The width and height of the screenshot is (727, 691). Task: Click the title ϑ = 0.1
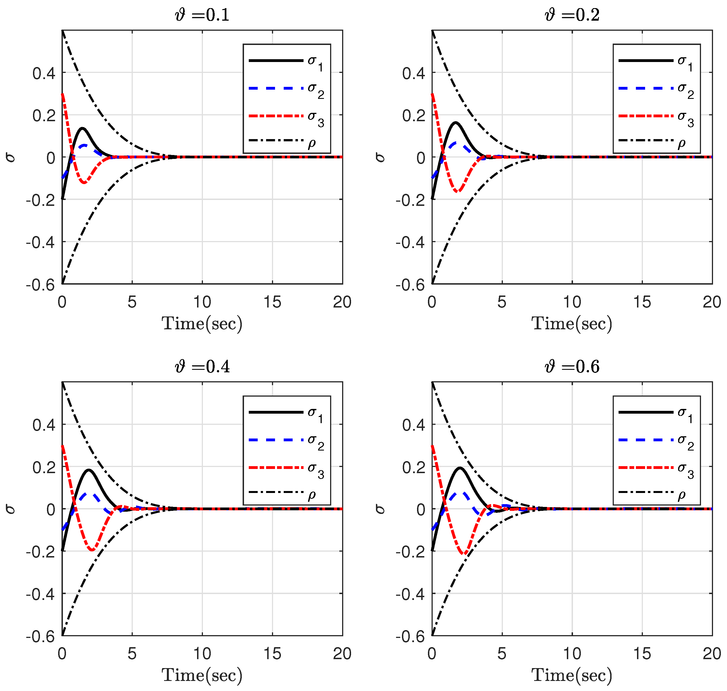pyautogui.click(x=202, y=15)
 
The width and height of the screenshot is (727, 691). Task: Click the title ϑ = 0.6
pyautogui.click(x=572, y=367)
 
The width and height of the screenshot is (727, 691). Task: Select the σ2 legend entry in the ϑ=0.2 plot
pyautogui.click(x=656, y=89)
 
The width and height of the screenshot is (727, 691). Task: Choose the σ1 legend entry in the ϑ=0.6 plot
pyautogui.click(x=656, y=412)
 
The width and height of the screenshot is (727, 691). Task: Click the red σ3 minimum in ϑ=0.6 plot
pyautogui.click(x=465, y=554)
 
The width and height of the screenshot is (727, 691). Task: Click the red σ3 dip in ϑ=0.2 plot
pyautogui.click(x=458, y=192)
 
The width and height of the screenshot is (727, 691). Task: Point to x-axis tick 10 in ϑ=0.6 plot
pyautogui.click(x=572, y=654)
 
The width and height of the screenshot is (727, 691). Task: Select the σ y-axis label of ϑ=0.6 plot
pyautogui.click(x=380, y=509)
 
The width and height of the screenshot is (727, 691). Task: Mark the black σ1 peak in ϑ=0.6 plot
pyautogui.click(x=460, y=468)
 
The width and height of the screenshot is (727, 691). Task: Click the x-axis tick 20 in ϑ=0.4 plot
pyautogui.click(x=342, y=654)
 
